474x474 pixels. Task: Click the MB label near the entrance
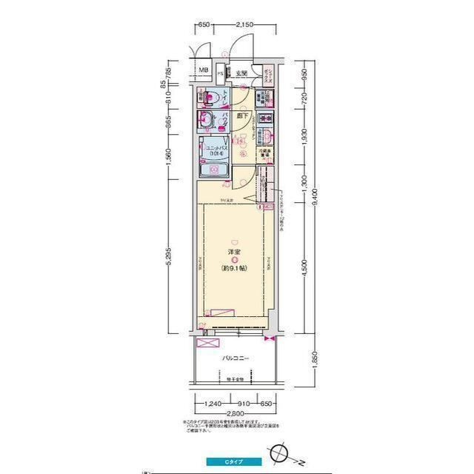pos(203,72)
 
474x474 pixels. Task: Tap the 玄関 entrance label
pos(241,73)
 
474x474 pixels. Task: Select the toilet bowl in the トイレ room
pos(213,96)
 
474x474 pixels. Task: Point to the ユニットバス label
pos(216,146)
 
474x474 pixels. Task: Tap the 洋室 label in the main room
pos(235,253)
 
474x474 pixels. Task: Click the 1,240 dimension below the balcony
pos(213,404)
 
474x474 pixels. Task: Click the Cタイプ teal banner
pos(235,461)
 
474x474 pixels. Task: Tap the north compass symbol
pos(281,450)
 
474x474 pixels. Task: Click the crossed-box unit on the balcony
pos(209,342)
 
